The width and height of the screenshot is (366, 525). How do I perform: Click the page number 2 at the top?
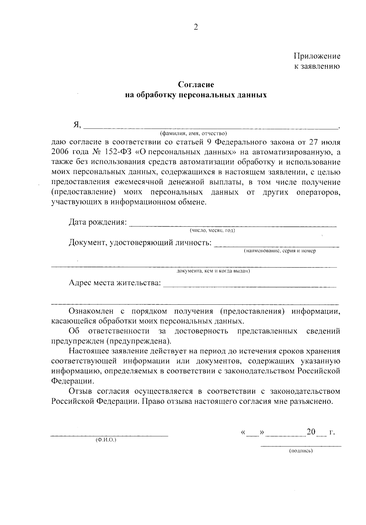click(196, 27)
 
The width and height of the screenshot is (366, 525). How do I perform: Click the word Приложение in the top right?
click(317, 56)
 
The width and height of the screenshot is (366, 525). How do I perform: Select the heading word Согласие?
click(196, 84)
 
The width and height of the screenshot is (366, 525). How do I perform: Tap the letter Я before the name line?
click(77, 125)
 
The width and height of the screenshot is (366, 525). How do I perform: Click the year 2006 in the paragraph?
click(61, 152)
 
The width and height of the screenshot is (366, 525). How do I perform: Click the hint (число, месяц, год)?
click(212, 231)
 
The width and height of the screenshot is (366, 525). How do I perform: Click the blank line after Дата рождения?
click(233, 226)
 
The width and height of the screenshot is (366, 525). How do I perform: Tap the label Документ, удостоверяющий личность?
click(140, 243)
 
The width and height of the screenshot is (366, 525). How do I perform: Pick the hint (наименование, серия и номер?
click(279, 251)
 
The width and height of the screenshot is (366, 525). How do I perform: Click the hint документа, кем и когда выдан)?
click(213, 271)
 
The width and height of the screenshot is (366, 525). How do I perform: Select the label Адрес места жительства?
click(115, 283)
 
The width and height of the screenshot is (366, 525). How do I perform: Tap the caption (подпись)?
click(301, 451)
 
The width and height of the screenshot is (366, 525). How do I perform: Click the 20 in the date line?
click(311, 432)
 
